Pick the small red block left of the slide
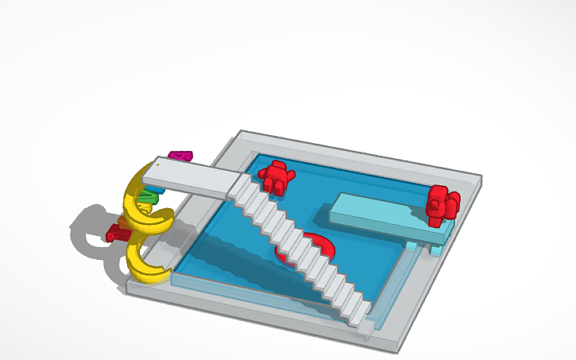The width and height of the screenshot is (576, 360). tap(116, 232)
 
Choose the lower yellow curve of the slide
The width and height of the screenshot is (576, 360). tap(146, 262)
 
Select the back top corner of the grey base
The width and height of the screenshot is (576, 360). tap(242, 132)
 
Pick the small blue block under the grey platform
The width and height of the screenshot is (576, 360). tap(435, 250)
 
